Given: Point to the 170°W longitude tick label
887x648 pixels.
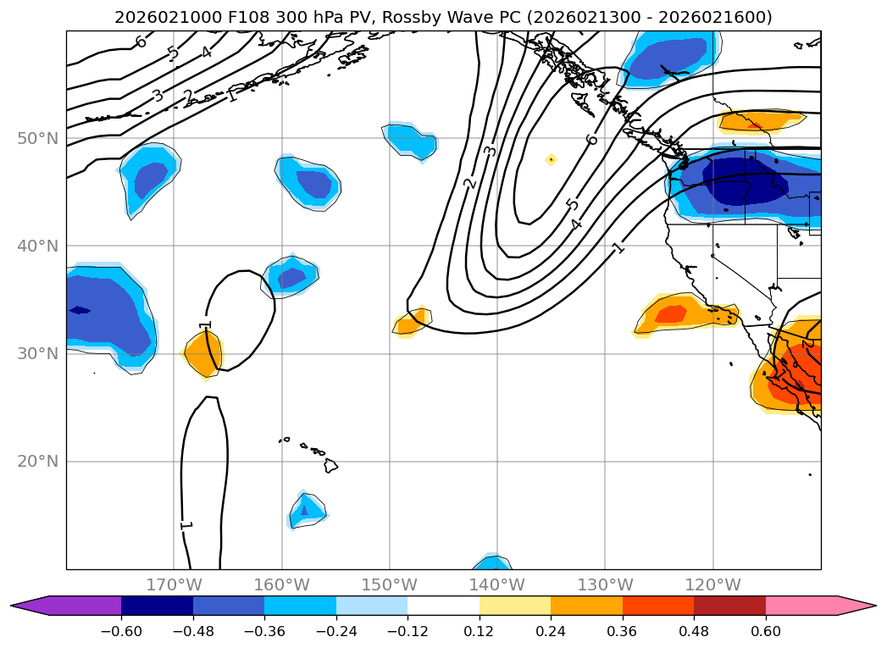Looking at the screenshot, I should (x=174, y=585).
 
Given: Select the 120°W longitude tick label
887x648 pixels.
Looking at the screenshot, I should (x=712, y=585).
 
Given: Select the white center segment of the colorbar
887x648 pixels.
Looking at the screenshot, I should (x=443, y=606).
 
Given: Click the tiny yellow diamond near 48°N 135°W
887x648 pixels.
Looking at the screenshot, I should (x=551, y=159).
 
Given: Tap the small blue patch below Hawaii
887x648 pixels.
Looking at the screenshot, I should (x=305, y=510).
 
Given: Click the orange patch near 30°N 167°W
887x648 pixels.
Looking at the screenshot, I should (x=203, y=354).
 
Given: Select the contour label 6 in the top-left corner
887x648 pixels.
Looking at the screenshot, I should (x=141, y=42).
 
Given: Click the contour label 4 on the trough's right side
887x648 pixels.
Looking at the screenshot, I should (x=577, y=224).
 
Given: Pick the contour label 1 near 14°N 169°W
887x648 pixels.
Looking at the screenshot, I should (x=186, y=525).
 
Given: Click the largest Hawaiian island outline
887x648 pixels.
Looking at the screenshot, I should (x=331, y=466).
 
